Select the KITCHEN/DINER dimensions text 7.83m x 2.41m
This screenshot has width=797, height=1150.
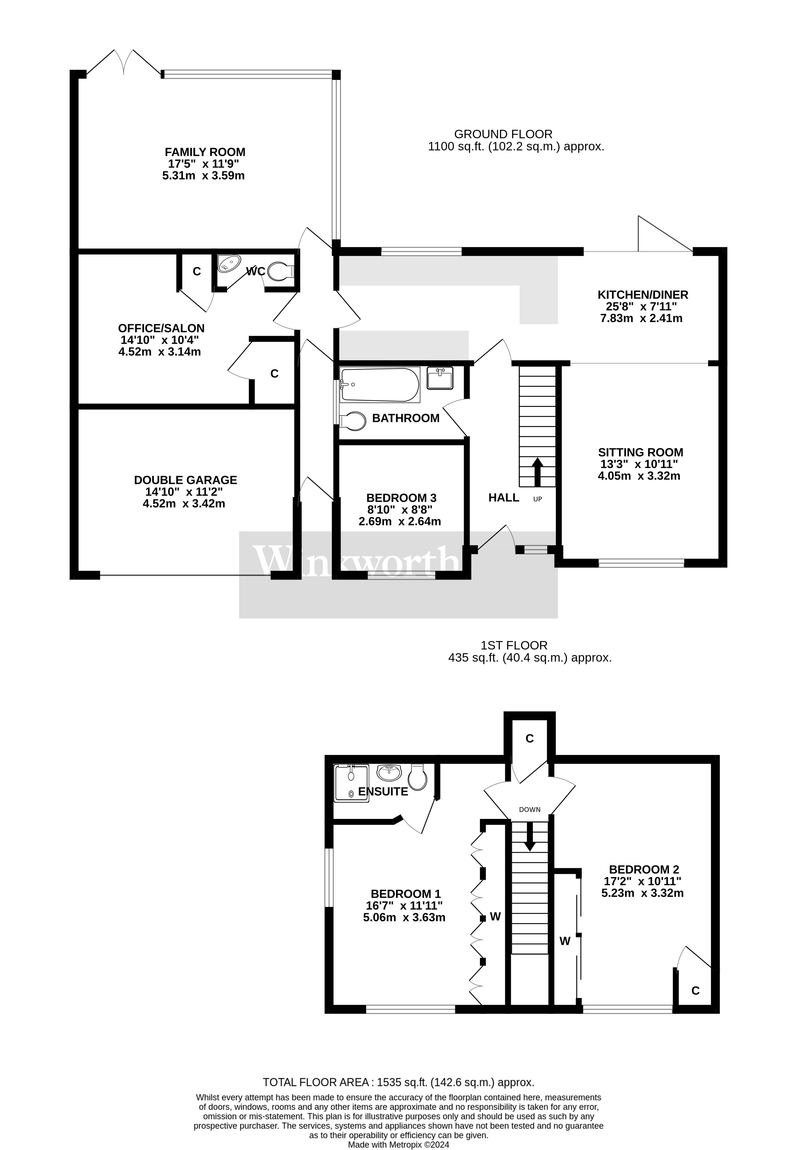click(x=641, y=318)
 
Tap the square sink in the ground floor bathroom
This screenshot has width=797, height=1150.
click(x=440, y=378)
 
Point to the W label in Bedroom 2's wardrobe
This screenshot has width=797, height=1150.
click(x=565, y=941)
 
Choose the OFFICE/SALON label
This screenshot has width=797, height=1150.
click(x=161, y=328)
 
